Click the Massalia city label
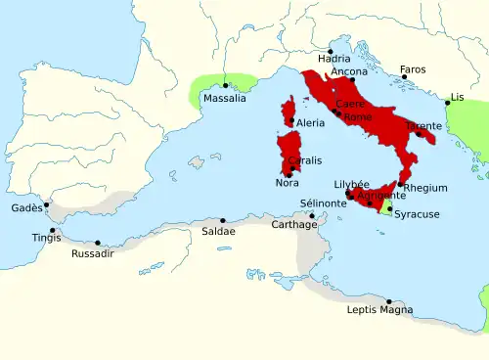(x=224, y=99)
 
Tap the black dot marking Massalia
(x=226, y=86)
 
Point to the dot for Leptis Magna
(x=389, y=301)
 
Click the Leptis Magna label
(x=379, y=311)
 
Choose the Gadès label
(x=26, y=208)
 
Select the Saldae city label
(x=218, y=232)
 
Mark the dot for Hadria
(x=332, y=51)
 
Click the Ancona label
(x=350, y=72)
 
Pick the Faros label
(x=413, y=70)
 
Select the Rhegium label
(x=425, y=188)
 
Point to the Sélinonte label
(x=322, y=203)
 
